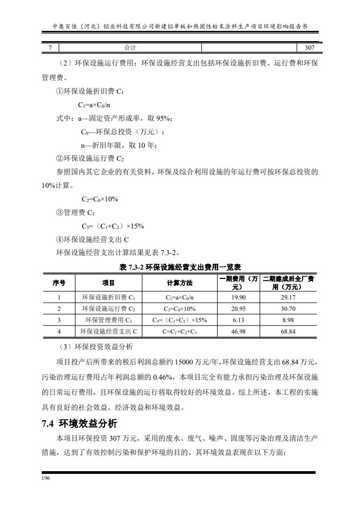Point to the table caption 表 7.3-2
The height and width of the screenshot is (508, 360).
[180, 267]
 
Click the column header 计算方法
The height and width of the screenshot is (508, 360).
[179, 283]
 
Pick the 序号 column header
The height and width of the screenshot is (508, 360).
[59, 283]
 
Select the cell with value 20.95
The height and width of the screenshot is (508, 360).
[239, 309]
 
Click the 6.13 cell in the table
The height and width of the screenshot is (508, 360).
[239, 320]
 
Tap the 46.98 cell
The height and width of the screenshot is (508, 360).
[239, 330]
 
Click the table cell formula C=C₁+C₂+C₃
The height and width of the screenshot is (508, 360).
[179, 330]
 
